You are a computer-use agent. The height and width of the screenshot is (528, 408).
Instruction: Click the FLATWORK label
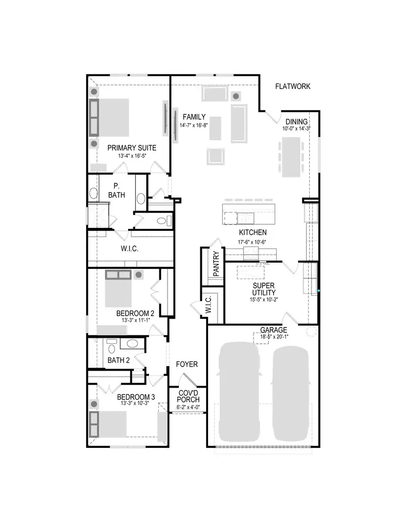pos(292,87)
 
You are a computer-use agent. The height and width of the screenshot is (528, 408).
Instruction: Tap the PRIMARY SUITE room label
pos(132,147)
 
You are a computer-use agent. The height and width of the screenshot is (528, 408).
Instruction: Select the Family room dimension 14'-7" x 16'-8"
pos(194,125)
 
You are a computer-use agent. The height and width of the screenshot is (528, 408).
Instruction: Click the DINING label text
pos(297,122)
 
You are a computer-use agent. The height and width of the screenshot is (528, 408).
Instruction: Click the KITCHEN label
pos(253,232)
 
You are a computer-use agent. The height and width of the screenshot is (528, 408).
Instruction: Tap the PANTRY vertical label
pos(216,264)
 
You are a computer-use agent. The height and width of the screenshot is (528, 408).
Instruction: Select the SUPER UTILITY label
pos(264,288)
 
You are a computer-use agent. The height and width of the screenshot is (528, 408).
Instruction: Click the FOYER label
pos(187,364)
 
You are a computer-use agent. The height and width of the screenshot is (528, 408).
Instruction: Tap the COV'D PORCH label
pos(188,396)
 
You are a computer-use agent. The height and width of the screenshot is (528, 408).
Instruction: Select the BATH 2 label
pos(118,361)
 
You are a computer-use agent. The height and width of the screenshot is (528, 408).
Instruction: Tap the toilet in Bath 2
pos(112,348)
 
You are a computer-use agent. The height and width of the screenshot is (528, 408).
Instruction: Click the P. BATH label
pos(116,190)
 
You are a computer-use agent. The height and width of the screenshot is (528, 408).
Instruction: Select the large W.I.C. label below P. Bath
pos(129,248)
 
